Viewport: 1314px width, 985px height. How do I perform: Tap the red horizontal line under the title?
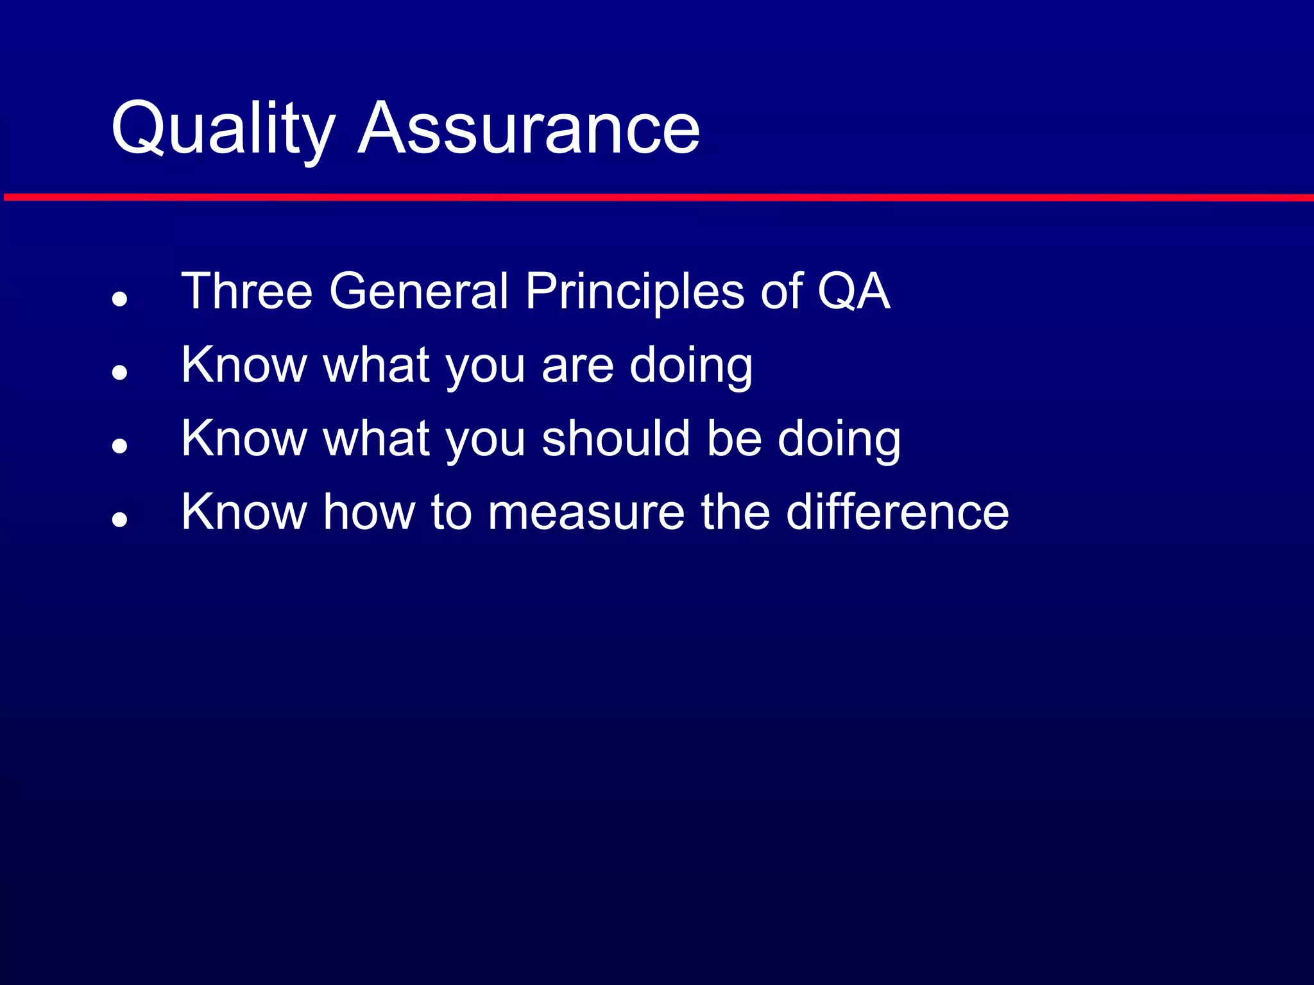click(657, 198)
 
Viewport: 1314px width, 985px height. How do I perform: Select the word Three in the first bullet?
click(247, 291)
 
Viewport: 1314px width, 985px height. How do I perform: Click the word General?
click(418, 291)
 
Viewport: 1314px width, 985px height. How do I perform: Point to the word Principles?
click(635, 292)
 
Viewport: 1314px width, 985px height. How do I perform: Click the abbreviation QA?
click(853, 292)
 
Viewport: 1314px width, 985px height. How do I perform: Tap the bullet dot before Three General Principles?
click(119, 298)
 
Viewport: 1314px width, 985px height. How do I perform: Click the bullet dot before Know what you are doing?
click(119, 372)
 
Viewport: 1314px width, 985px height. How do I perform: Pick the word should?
click(616, 439)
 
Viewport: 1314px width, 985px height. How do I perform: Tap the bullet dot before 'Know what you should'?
click(119, 446)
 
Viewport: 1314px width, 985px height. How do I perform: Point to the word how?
click(369, 512)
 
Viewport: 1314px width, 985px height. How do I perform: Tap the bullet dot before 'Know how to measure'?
click(119, 519)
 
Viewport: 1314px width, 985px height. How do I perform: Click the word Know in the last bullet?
click(244, 512)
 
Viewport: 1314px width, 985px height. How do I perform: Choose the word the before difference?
click(735, 512)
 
